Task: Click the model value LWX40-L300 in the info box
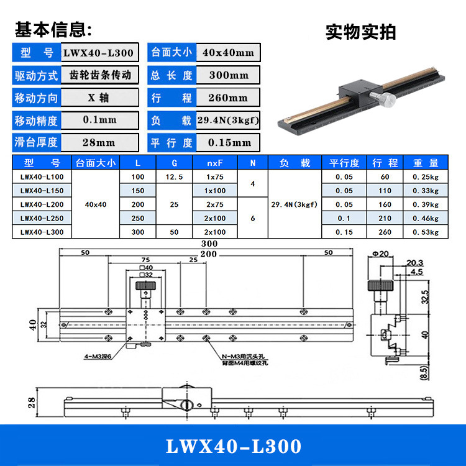click(98, 52)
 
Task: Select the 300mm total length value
click(229, 76)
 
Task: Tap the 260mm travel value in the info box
click(229, 98)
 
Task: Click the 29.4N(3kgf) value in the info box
click(228, 121)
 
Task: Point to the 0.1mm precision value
click(99, 121)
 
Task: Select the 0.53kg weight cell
click(426, 232)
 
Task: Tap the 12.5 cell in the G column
click(174, 177)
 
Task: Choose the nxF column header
click(216, 163)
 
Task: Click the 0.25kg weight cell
click(426, 177)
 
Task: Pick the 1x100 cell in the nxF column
click(216, 191)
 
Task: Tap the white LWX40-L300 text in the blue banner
click(233, 446)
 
